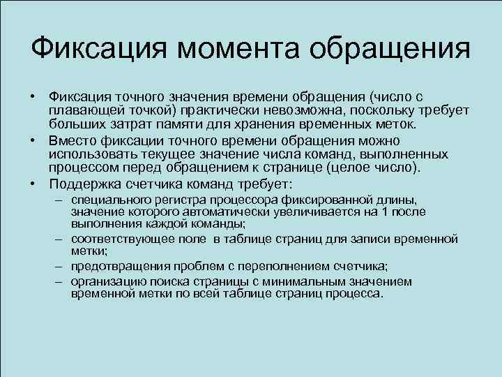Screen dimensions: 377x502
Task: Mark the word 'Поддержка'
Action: coord(84,184)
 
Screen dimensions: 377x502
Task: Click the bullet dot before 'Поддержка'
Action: coord(33,184)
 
